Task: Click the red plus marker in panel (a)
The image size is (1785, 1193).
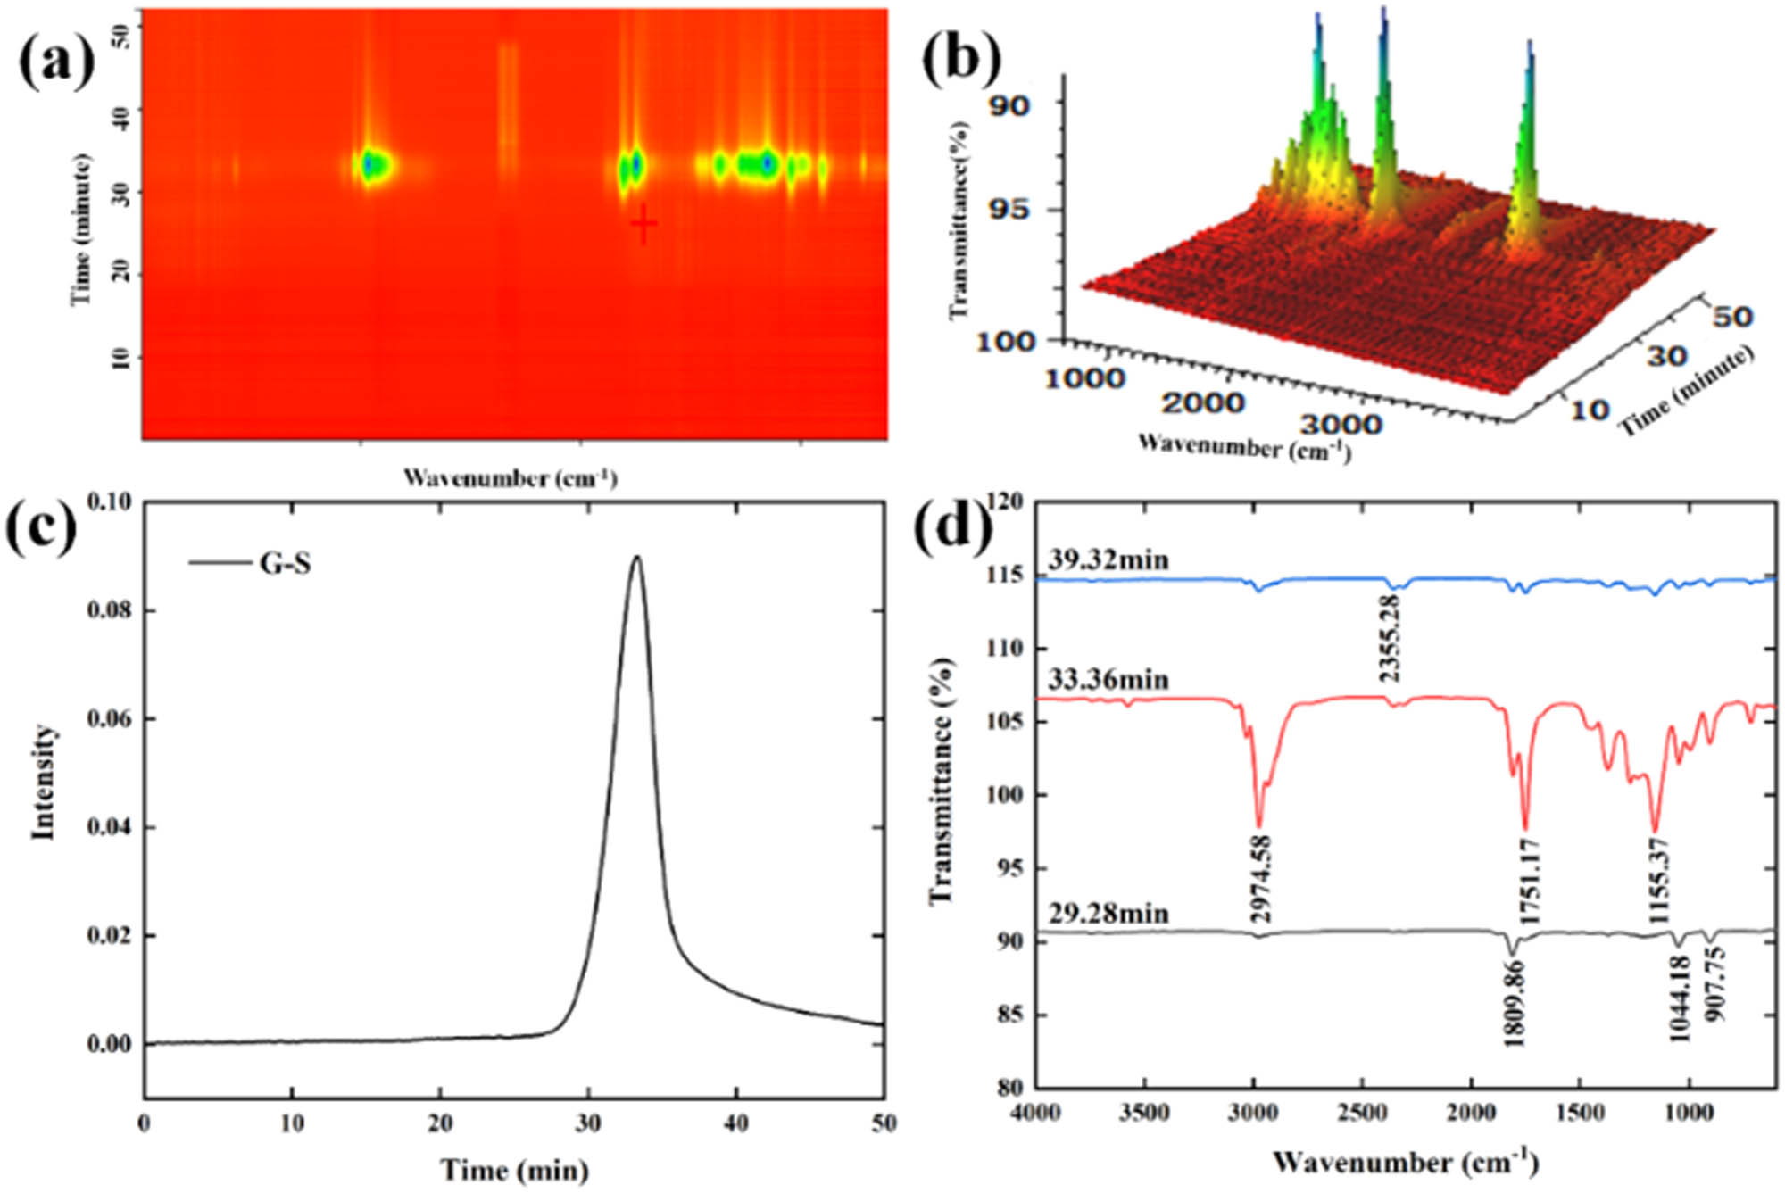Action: (643, 224)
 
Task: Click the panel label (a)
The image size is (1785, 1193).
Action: (57, 62)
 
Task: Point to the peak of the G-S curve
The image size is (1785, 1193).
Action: (636, 557)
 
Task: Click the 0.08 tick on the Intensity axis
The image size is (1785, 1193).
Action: (111, 611)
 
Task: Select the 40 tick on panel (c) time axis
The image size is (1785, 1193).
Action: (735, 1123)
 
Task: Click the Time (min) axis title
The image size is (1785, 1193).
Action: (514, 1169)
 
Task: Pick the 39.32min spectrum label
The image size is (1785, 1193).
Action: (1108, 560)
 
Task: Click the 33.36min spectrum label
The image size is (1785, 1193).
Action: (1108, 680)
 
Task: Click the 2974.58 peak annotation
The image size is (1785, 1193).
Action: (1260, 879)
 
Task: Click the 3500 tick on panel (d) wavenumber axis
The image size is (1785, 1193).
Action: (1144, 1113)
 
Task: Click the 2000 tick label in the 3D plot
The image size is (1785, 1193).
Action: (1202, 403)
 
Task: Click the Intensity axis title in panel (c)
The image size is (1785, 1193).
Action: (43, 782)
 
